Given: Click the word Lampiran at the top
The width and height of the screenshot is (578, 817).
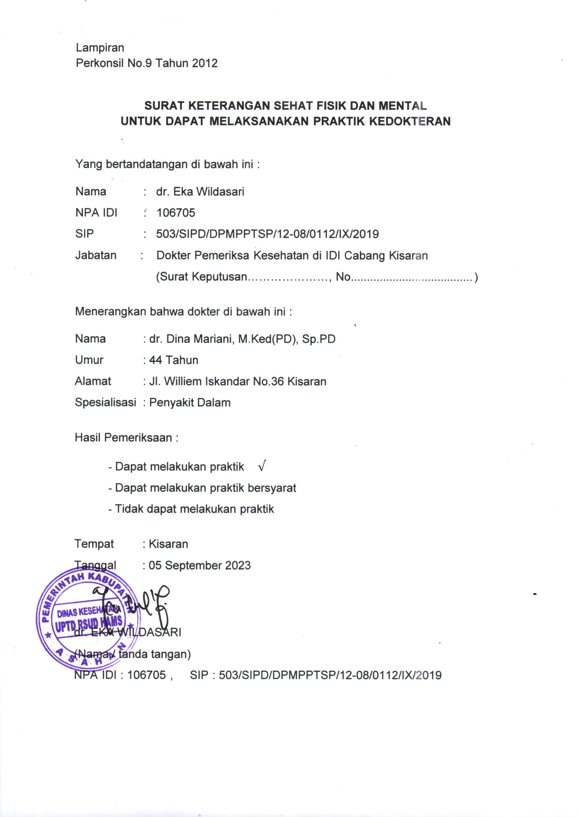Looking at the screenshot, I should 100,48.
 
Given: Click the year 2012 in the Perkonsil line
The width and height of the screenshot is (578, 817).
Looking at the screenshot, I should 205,63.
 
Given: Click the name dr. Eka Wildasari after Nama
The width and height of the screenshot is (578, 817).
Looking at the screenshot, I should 200,192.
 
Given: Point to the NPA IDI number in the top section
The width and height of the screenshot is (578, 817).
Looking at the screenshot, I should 176,213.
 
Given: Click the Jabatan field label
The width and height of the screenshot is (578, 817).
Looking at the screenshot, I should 96,255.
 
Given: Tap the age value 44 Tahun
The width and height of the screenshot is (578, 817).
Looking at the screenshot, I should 174,360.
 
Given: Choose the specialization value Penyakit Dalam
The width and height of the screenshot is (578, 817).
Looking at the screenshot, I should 190,403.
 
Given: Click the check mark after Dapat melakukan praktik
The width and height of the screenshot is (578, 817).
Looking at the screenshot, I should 262,466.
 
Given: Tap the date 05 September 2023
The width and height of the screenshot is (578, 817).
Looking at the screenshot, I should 199,565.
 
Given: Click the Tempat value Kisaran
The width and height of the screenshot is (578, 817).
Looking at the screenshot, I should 168,544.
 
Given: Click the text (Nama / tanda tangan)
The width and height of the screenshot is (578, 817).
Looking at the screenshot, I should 132,654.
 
